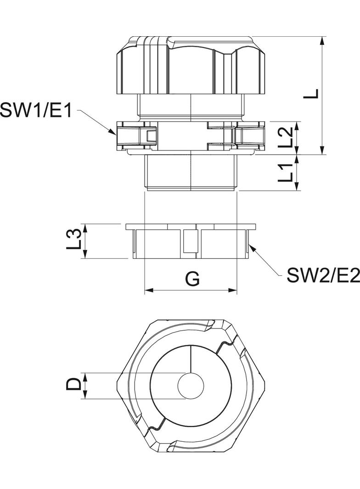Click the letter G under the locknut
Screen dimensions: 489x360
(x=192, y=278)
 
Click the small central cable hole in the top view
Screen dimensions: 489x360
(x=190, y=385)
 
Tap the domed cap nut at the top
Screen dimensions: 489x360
(x=190, y=67)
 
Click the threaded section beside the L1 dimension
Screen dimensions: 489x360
(x=190, y=172)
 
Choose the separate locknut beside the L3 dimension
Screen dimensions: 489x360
(x=190, y=241)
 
